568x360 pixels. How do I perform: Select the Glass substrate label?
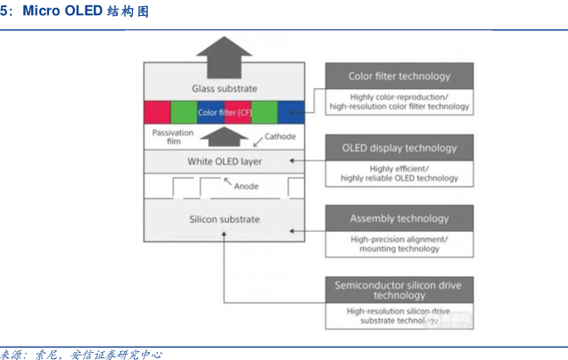pyautogui.click(x=225, y=89)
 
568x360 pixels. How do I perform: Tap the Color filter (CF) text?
pyautogui.click(x=224, y=112)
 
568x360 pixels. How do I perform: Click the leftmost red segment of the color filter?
pyautogui.click(x=157, y=112)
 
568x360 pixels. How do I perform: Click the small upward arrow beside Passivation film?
pyautogui.click(x=225, y=135)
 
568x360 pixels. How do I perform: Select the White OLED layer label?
pyautogui.click(x=225, y=161)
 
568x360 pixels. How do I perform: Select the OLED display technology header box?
pyautogui.click(x=399, y=148)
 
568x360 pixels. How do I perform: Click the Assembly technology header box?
pyautogui.click(x=399, y=218)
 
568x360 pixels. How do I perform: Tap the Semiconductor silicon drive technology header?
pyautogui.click(x=399, y=290)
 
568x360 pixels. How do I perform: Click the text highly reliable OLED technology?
pyautogui.click(x=399, y=178)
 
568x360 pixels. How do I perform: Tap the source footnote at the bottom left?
pyautogui.click(x=80, y=354)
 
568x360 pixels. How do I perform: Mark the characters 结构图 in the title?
pyautogui.click(x=130, y=12)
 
